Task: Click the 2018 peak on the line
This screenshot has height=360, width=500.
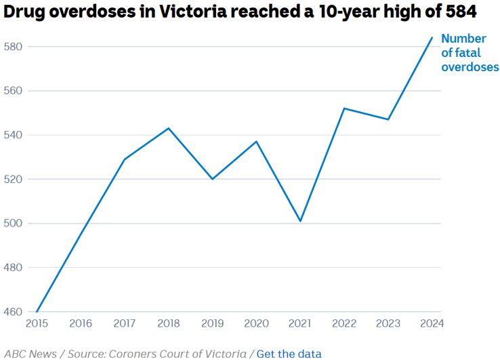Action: pyautogui.click(x=169, y=128)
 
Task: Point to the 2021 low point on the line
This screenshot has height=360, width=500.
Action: pyautogui.click(x=300, y=221)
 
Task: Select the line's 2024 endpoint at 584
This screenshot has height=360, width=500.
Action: pyautogui.click(x=432, y=37)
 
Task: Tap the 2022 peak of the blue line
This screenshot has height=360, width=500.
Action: pyautogui.click(x=344, y=108)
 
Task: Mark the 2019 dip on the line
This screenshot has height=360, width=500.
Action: pyautogui.click(x=212, y=179)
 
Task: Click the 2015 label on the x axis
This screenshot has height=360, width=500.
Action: pyautogui.click(x=37, y=323)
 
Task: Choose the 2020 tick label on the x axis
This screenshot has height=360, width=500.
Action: pyautogui.click(x=256, y=323)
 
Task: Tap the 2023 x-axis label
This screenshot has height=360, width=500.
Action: pyautogui.click(x=388, y=323)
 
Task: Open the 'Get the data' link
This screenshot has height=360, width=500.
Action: pyautogui.click(x=289, y=353)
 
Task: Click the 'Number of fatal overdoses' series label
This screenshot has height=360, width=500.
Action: pyautogui.click(x=470, y=53)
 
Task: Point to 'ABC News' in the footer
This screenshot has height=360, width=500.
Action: pyautogui.click(x=26, y=353)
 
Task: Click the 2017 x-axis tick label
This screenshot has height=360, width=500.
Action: pyautogui.click(x=125, y=323)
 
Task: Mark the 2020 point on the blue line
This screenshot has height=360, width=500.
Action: pyautogui.click(x=256, y=141)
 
